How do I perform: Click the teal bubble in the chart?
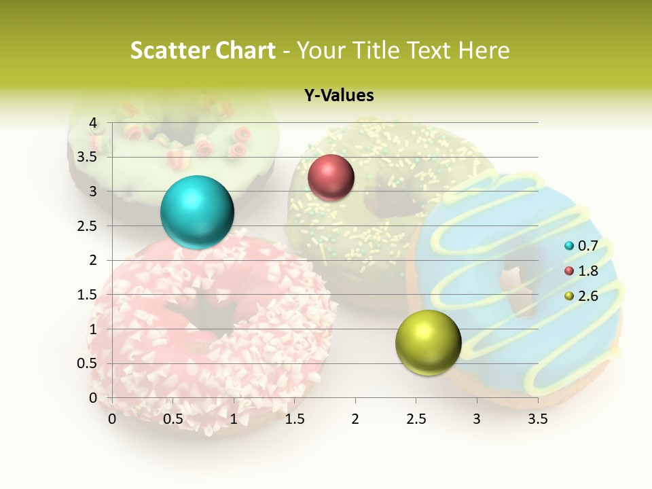[x=197, y=212]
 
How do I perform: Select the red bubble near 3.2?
[x=331, y=177]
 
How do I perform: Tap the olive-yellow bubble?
[x=428, y=342]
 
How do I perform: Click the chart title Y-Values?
[x=339, y=96]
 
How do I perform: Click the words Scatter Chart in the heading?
[x=202, y=50]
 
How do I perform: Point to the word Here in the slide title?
[x=483, y=50]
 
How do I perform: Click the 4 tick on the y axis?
[x=93, y=123]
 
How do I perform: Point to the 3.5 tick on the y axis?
[x=88, y=157]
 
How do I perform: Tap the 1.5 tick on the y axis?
[x=88, y=295]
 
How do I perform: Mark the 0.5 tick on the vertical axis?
[x=88, y=363]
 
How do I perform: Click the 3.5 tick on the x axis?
[x=537, y=419]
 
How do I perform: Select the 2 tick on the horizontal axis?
[x=355, y=419]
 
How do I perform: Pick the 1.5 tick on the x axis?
[x=294, y=419]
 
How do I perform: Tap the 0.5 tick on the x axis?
[x=173, y=419]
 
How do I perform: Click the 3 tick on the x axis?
[x=477, y=419]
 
